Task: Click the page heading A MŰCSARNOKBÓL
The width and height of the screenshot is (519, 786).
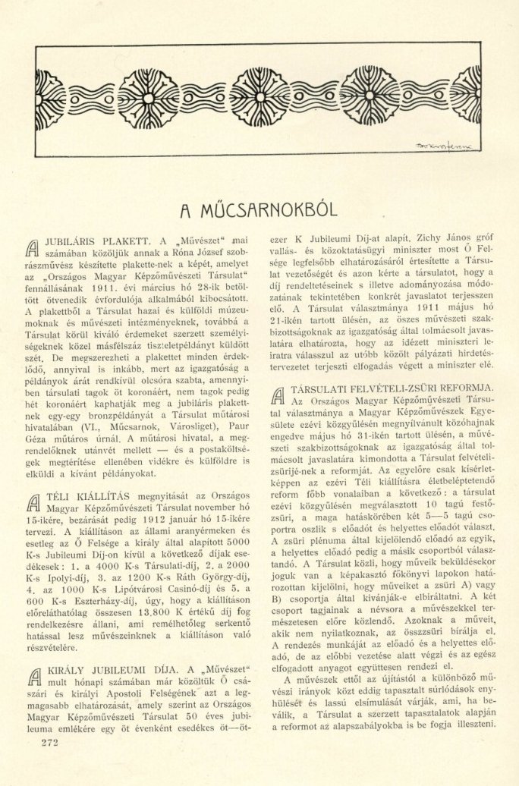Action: (x=259, y=208)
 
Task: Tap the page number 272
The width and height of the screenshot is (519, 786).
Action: (x=46, y=741)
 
